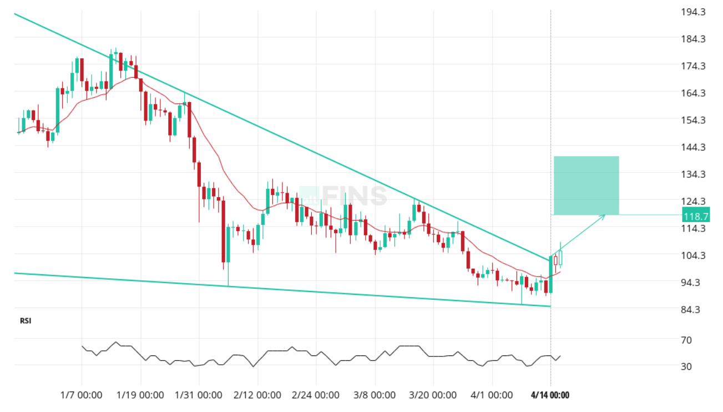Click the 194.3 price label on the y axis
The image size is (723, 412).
pos(694,12)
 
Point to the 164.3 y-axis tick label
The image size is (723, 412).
pos(694,93)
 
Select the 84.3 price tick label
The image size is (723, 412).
pos(694,310)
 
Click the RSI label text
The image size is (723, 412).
pos(26,321)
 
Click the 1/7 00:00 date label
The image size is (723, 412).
pos(81,395)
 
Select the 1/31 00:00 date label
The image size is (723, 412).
pos(199,395)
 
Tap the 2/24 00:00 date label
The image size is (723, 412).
pos(316,395)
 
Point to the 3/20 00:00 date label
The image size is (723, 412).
pos(433,395)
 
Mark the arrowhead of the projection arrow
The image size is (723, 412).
pos(603,216)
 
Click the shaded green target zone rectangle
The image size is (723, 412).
pos(586,185)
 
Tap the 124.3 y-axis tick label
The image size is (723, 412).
pos(694,202)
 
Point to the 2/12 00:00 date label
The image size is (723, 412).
pos(257,395)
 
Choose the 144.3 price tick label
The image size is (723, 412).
pos(694,148)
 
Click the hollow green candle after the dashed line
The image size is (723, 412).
pos(560,258)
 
